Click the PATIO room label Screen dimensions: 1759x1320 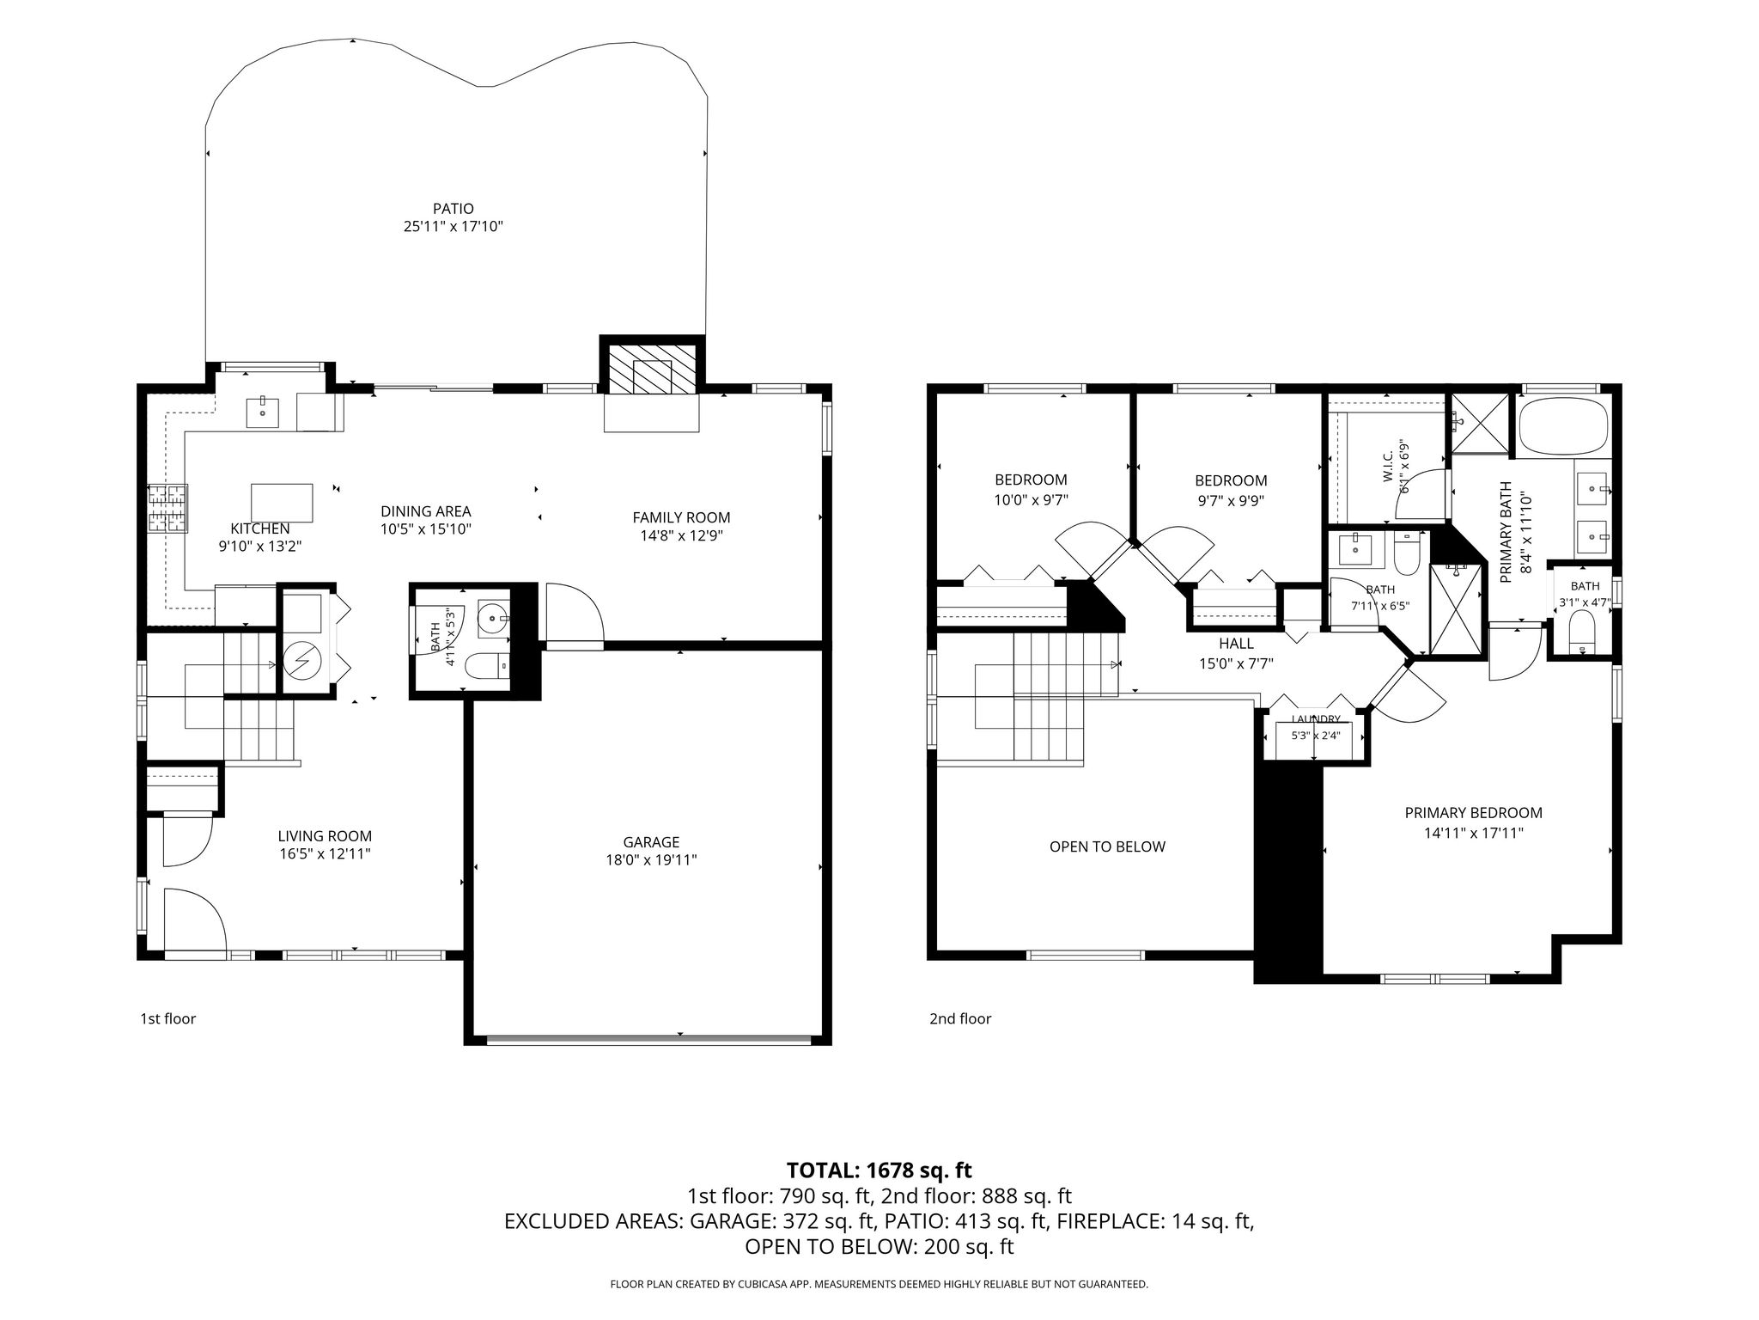(x=453, y=209)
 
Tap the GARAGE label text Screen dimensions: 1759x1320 (x=651, y=842)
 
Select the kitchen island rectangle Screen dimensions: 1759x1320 (x=282, y=503)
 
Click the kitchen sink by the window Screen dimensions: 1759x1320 (x=262, y=412)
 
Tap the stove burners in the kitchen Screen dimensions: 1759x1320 (x=167, y=509)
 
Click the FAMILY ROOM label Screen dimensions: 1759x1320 (x=681, y=517)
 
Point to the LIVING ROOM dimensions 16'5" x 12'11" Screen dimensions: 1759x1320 (x=325, y=854)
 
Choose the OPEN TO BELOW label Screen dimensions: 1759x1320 (x=1107, y=846)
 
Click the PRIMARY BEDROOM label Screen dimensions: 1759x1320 (x=1473, y=813)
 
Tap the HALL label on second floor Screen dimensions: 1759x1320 (x=1236, y=644)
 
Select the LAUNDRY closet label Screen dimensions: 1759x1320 (x=1315, y=719)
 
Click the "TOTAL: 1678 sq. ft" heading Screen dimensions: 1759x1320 (x=879, y=1170)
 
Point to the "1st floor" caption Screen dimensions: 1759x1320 (x=168, y=1019)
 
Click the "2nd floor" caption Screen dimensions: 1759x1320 (x=960, y=1019)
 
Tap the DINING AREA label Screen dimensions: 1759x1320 (x=426, y=511)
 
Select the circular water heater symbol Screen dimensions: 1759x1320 (x=302, y=660)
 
